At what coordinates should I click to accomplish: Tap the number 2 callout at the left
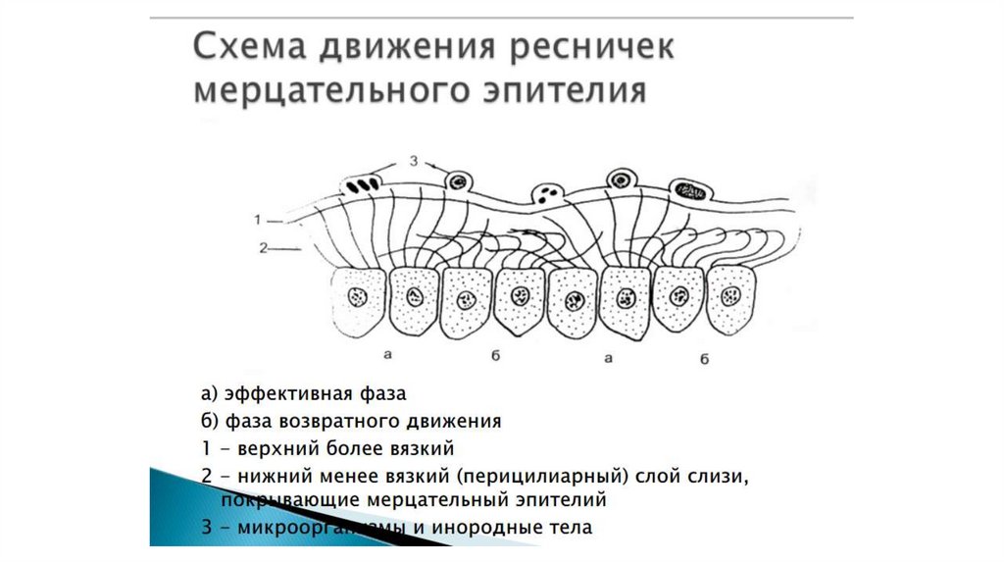point(262,248)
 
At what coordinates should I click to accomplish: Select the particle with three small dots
point(546,192)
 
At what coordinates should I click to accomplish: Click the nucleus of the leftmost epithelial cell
point(357,295)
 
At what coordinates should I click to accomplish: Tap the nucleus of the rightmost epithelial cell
point(731,294)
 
